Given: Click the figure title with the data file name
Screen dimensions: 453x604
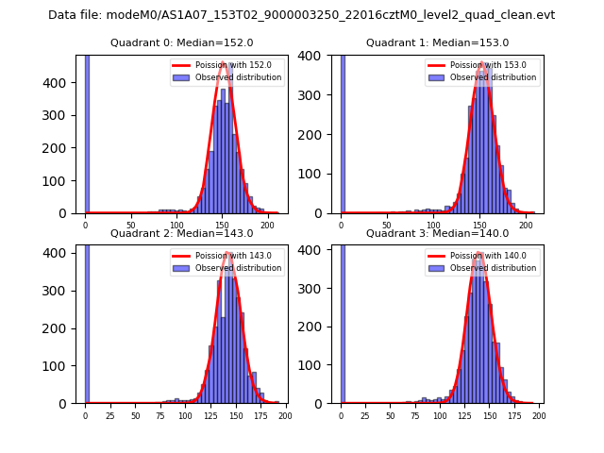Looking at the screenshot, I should coord(301,15).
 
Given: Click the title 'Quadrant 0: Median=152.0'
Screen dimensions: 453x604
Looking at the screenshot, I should coord(181,42).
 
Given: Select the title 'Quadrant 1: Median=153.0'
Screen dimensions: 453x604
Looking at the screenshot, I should coord(437,42).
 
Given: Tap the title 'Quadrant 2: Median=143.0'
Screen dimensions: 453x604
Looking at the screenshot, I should coord(181,233).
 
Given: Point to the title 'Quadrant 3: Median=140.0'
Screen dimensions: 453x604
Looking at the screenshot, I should coord(437,233).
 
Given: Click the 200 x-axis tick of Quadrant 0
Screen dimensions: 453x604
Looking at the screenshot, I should coord(267,226).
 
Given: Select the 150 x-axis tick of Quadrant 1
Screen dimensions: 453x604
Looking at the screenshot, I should coord(478,226).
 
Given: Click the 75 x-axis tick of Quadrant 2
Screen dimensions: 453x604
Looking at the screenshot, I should coord(159,416).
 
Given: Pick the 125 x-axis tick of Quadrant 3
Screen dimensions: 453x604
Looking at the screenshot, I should coord(464,416).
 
